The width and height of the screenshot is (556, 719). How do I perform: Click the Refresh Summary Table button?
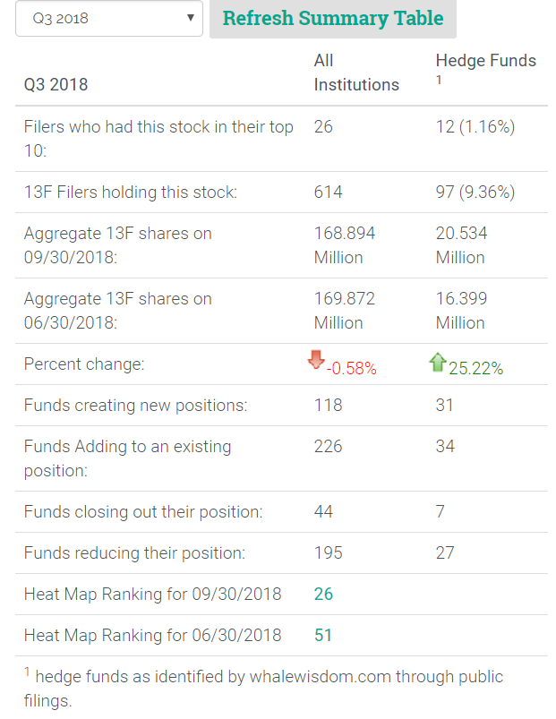tap(332, 19)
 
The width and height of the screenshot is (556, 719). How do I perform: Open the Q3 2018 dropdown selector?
tap(109, 19)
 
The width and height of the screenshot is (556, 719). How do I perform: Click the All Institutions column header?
tap(356, 73)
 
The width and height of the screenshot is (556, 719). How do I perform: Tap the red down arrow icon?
tap(315, 360)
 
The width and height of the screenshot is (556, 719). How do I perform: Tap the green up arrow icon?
tap(437, 362)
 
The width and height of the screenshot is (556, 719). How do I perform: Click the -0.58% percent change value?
tap(352, 368)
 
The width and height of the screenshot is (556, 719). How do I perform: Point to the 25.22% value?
tap(475, 368)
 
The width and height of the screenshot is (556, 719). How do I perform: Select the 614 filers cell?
tap(329, 192)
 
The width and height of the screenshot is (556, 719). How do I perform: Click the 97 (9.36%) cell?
tap(475, 192)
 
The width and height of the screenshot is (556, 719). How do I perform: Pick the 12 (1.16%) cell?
tap(475, 127)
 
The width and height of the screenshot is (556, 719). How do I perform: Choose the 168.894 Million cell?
tap(345, 245)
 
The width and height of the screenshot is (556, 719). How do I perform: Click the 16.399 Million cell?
tap(461, 311)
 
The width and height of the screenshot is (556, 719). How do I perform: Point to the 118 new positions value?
tap(329, 405)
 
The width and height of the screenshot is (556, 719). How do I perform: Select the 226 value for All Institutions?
tap(329, 446)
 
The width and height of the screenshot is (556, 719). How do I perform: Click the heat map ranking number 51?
tap(323, 635)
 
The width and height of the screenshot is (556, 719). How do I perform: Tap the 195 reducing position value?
tap(329, 552)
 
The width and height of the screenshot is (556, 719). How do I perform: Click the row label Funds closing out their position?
tap(143, 511)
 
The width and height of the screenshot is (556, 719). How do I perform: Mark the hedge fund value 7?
tap(441, 511)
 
